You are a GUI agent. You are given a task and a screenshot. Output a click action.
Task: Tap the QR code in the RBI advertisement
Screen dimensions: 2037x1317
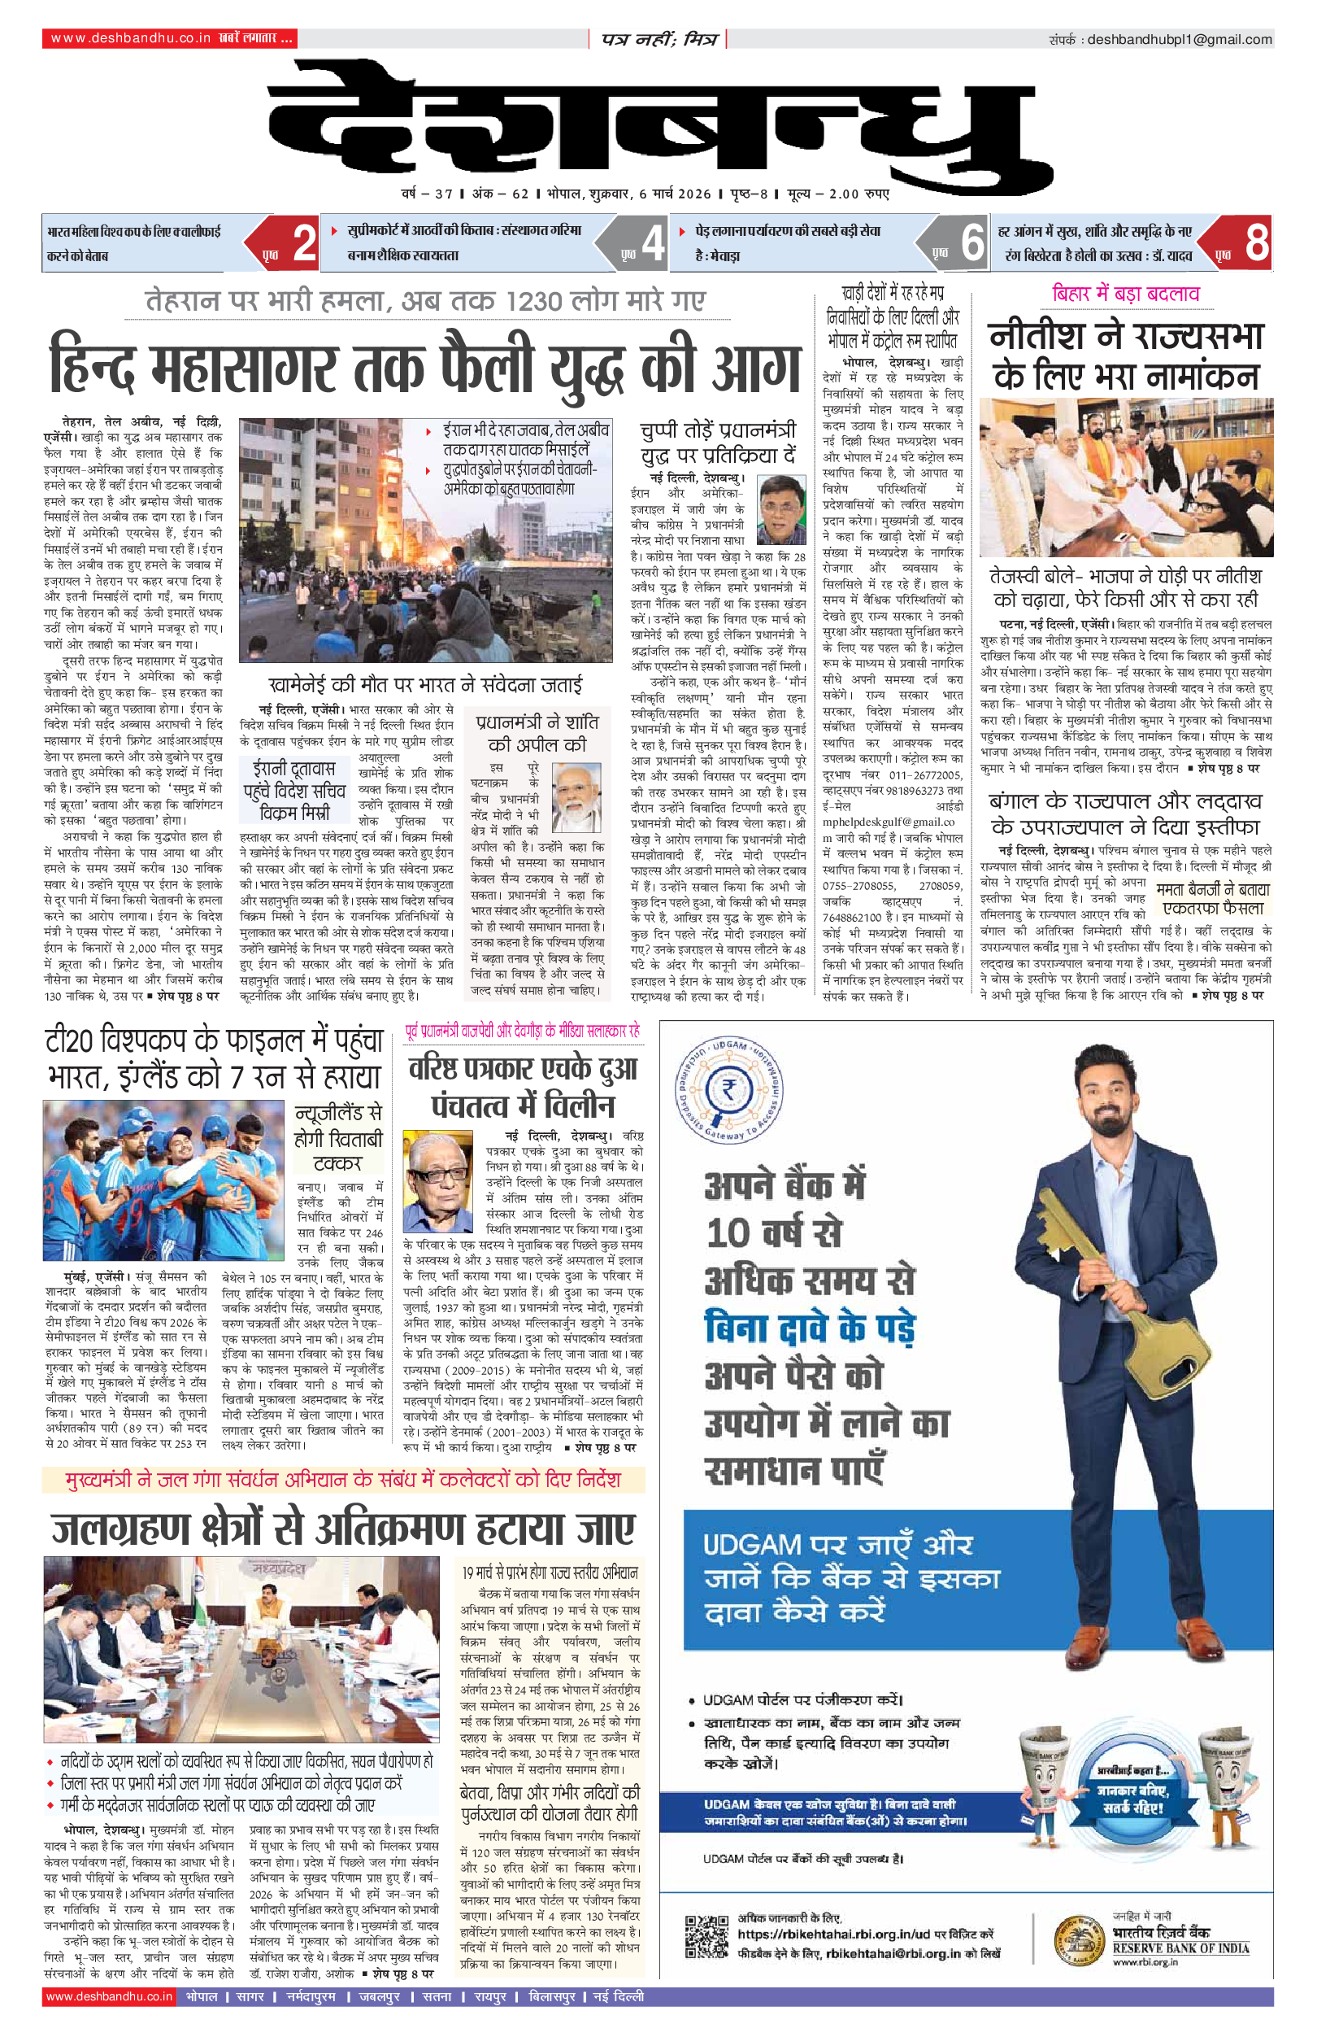pos(706,1937)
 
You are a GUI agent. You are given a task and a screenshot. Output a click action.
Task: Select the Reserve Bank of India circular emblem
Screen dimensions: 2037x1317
pos(1079,1938)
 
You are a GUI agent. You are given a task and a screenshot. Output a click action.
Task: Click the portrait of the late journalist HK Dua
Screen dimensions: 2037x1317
pos(438,1180)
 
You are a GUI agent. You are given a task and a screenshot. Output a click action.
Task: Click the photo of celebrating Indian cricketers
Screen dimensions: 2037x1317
pos(163,1180)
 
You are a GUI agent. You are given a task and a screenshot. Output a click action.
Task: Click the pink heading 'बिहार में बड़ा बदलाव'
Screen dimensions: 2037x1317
pos(1125,294)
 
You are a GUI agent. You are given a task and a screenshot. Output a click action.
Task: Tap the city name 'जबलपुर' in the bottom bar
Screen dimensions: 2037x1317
pos(379,1997)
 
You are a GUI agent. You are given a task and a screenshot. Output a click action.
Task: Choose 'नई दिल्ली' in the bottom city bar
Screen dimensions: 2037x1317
pos(618,1997)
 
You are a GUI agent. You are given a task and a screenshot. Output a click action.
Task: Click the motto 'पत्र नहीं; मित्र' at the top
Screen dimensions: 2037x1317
pos(658,39)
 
